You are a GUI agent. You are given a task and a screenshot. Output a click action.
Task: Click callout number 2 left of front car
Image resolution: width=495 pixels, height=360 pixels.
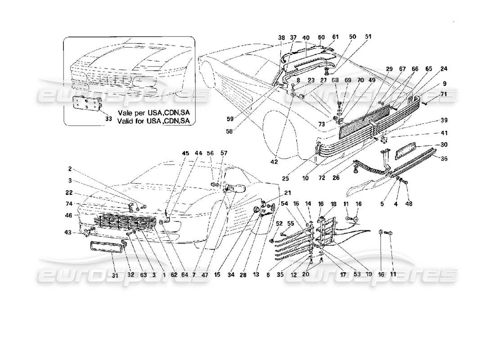(70, 169)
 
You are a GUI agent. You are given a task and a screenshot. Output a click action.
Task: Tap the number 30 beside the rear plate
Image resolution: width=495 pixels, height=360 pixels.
(431, 145)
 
